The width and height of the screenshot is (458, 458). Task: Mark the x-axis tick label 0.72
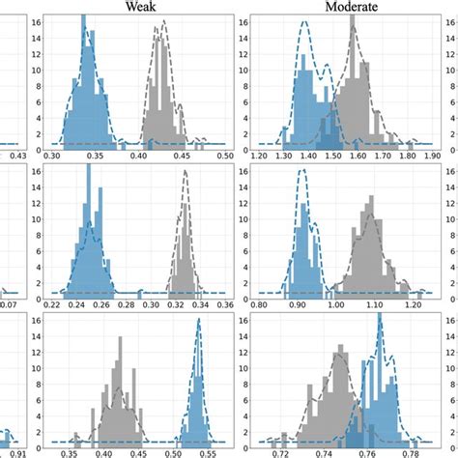tap(281, 451)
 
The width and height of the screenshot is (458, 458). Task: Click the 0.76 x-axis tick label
tap(368, 451)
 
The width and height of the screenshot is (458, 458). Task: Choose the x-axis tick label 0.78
tap(411, 451)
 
